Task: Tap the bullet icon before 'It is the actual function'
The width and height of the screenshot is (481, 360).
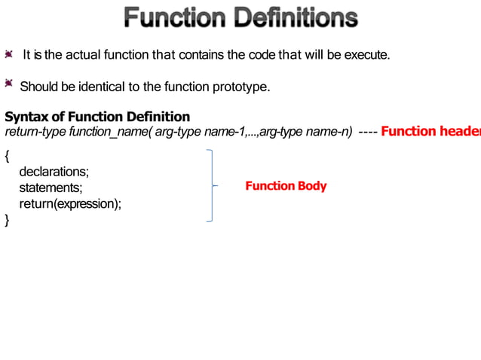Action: [x=9, y=55]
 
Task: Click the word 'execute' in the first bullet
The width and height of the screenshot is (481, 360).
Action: [x=366, y=55]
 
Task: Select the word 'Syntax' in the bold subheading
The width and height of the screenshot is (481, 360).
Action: [x=25, y=117]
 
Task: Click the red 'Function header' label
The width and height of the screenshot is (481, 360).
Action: [x=430, y=132]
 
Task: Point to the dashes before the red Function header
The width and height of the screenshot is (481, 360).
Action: [x=368, y=133]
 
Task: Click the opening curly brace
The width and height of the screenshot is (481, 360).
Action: [x=8, y=157]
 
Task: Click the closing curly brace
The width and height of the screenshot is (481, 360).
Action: [x=8, y=220]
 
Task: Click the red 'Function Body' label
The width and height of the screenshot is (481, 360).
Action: [x=286, y=185]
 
